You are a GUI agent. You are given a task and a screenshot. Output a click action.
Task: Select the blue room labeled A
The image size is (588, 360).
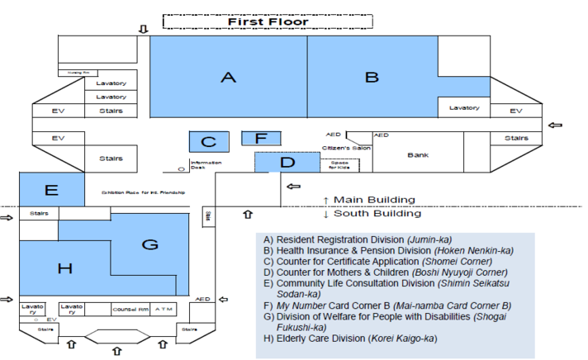[229, 78]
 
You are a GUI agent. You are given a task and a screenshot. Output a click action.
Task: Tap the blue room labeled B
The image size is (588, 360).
[372, 78]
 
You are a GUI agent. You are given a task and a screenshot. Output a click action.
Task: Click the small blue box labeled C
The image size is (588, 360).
[208, 142]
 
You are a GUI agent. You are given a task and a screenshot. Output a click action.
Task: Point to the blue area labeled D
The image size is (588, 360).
[287, 162]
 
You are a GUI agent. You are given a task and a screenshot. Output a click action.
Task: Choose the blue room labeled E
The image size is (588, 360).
[51, 190]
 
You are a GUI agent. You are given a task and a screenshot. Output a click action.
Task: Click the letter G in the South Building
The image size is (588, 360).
[149, 244]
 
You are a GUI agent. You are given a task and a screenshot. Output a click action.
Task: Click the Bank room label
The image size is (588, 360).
[418, 154]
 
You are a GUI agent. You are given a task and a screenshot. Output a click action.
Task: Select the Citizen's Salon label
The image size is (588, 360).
[346, 149]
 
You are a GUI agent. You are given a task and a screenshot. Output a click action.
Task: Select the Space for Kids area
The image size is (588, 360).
[339, 165]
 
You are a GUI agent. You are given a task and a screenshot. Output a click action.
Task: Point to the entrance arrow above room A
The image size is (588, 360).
[143, 30]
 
